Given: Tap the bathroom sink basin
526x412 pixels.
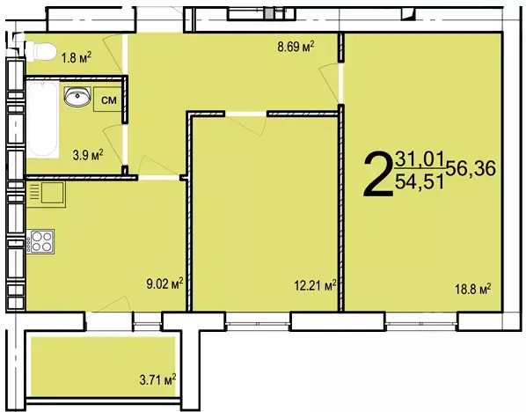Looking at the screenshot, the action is (77, 96).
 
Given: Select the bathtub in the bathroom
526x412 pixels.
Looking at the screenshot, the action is (42, 120).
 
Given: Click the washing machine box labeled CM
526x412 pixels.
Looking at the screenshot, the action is (107, 99).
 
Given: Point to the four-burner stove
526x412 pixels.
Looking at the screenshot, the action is (40, 242).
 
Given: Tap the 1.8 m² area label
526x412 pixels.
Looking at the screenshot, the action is (77, 58).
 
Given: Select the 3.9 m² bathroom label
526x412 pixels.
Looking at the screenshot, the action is (88, 155).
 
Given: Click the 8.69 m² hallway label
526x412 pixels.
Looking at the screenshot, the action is (296, 47).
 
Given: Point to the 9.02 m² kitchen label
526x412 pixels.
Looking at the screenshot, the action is (164, 283).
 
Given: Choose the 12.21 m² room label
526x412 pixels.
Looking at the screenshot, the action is (315, 285).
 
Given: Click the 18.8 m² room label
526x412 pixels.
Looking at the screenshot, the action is (473, 289).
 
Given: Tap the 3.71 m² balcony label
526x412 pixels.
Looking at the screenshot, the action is (157, 380).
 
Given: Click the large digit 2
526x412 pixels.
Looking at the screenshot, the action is (378, 173).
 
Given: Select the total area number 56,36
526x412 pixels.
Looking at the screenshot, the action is (471, 168).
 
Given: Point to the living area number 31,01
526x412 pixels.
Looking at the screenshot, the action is (420, 158).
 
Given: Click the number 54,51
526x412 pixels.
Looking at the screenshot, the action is (420, 181).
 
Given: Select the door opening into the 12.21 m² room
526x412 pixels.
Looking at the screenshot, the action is (246, 114).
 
